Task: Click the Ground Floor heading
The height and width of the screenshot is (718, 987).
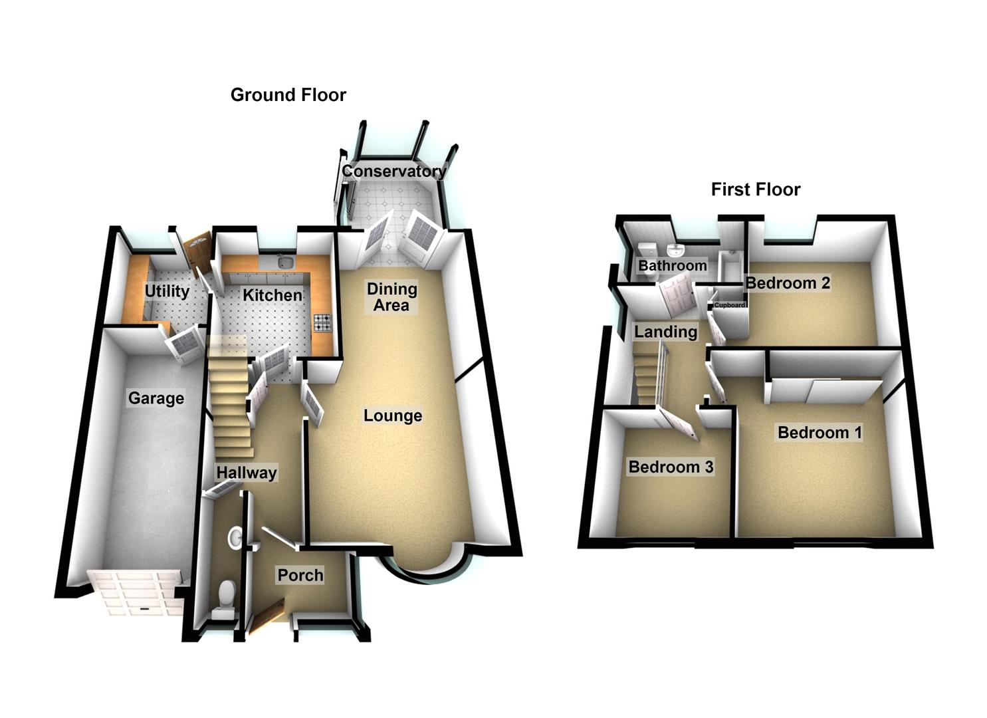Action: click(x=288, y=95)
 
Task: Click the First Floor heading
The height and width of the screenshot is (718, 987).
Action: click(x=755, y=189)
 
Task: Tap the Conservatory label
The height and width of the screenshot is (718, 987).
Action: click(x=394, y=171)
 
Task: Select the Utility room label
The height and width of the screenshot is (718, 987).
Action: click(x=167, y=291)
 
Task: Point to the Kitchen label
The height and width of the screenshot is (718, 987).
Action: click(x=273, y=295)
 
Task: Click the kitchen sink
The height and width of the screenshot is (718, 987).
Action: click(x=286, y=263)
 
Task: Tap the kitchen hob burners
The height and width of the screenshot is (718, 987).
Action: click(x=322, y=322)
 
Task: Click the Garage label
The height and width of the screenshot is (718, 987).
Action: click(x=156, y=398)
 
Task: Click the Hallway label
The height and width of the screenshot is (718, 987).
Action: click(x=247, y=473)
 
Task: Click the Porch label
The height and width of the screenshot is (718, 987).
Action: click(x=300, y=575)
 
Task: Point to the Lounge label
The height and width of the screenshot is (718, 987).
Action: click(x=393, y=416)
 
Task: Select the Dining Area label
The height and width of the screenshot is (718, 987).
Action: click(x=391, y=297)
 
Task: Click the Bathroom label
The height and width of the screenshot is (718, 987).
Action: click(x=673, y=265)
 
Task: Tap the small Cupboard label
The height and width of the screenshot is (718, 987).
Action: click(x=729, y=305)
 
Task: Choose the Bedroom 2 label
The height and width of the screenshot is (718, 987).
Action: click(x=788, y=283)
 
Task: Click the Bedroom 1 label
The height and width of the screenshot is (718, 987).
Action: click(x=819, y=432)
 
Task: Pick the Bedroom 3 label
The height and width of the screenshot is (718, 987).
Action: click(x=671, y=466)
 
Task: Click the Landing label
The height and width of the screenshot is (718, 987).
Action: click(x=665, y=332)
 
